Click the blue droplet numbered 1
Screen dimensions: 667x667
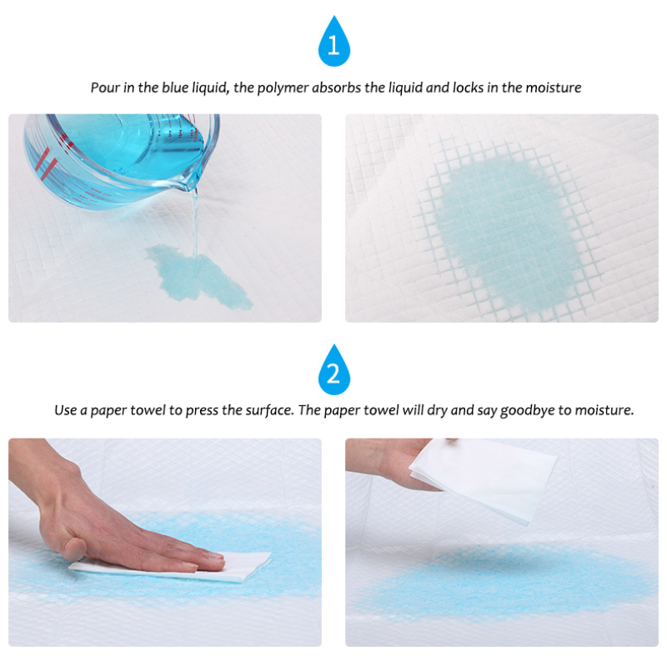coord(333,44)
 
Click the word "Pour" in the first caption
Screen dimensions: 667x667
coord(104,88)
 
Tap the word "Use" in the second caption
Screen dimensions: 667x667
coord(66,410)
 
